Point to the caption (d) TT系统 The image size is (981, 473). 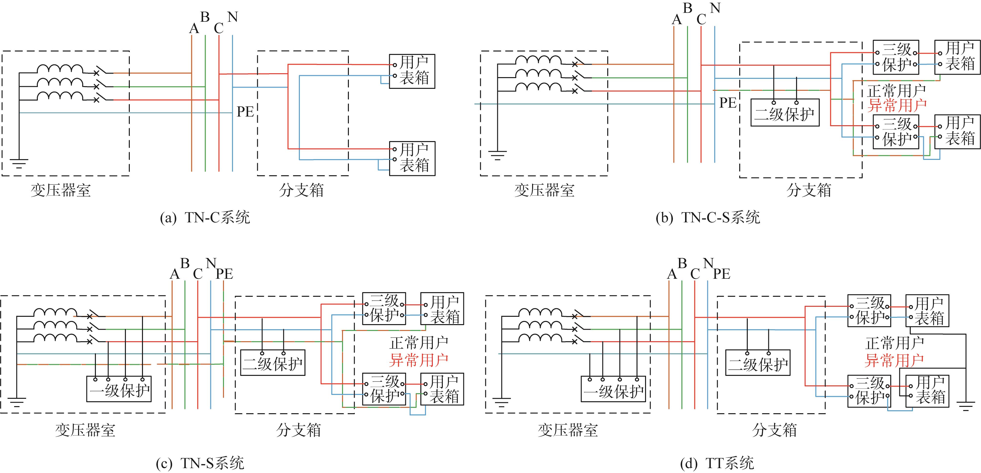[717, 463]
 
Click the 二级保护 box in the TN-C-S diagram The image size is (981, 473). [785, 113]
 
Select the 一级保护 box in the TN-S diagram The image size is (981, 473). [119, 389]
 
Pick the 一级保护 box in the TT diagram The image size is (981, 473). [614, 389]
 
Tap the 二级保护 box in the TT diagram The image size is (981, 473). [758, 362]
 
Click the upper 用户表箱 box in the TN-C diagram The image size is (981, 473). [412, 71]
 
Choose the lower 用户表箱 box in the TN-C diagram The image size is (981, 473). [412, 158]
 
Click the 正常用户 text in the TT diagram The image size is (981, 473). [895, 343]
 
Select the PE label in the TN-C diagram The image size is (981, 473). [245, 112]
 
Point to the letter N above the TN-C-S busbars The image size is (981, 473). [715, 8]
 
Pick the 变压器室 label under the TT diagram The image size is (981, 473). [568, 430]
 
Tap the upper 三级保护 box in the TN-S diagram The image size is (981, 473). [384, 308]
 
